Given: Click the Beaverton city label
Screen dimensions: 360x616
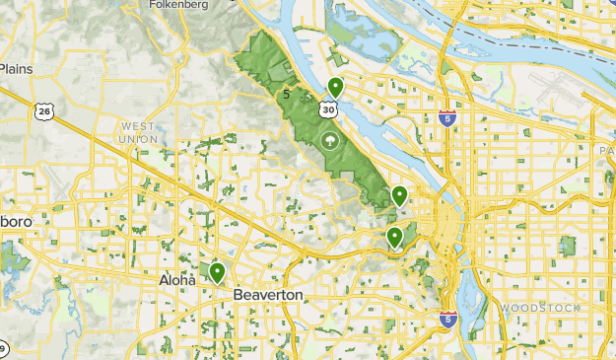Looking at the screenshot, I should [268, 295].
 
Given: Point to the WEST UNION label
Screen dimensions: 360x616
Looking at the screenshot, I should [138, 133].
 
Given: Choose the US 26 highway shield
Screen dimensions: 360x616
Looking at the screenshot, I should [44, 111].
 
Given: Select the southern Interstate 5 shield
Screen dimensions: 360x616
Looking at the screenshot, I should [447, 319].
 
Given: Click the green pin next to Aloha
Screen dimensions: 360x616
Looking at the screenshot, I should [216, 272].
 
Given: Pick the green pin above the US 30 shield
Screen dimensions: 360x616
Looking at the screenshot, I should [335, 87].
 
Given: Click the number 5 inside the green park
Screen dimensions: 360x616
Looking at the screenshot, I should [286, 96].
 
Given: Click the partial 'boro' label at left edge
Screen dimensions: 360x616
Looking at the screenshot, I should [14, 222].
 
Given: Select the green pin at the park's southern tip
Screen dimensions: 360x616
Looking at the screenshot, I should [399, 194].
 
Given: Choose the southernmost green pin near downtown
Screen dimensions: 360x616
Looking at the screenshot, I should [394, 237].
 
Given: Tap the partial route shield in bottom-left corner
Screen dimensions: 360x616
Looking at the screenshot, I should [3, 349].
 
